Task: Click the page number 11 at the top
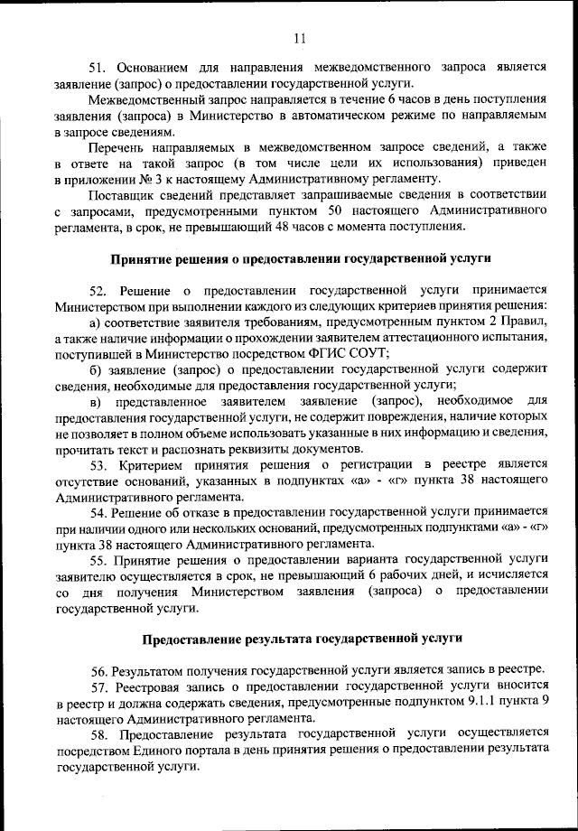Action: pyautogui.click(x=300, y=37)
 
